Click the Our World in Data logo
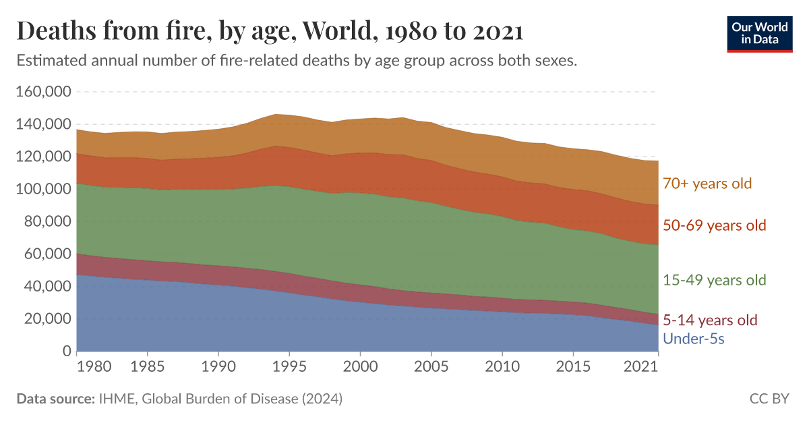point(759,33)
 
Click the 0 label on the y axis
point(66,351)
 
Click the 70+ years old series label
point(707,184)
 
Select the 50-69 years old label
point(715,225)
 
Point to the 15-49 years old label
point(715,280)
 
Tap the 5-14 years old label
point(711,320)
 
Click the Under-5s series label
point(694,339)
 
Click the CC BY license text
point(769,399)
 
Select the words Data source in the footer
point(55,399)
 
